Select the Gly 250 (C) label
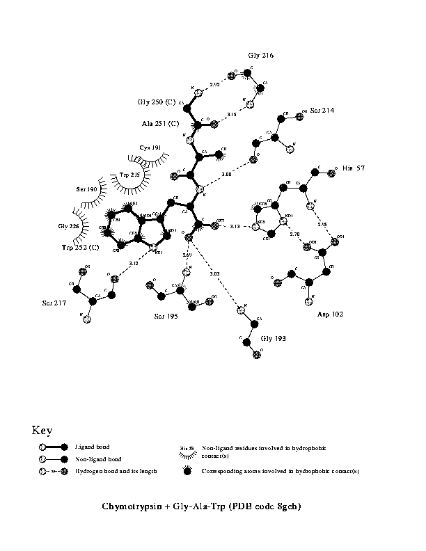(x=157, y=102)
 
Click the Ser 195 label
(x=166, y=317)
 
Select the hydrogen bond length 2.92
(x=215, y=84)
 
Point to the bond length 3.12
(x=134, y=264)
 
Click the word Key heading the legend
(x=42, y=430)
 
